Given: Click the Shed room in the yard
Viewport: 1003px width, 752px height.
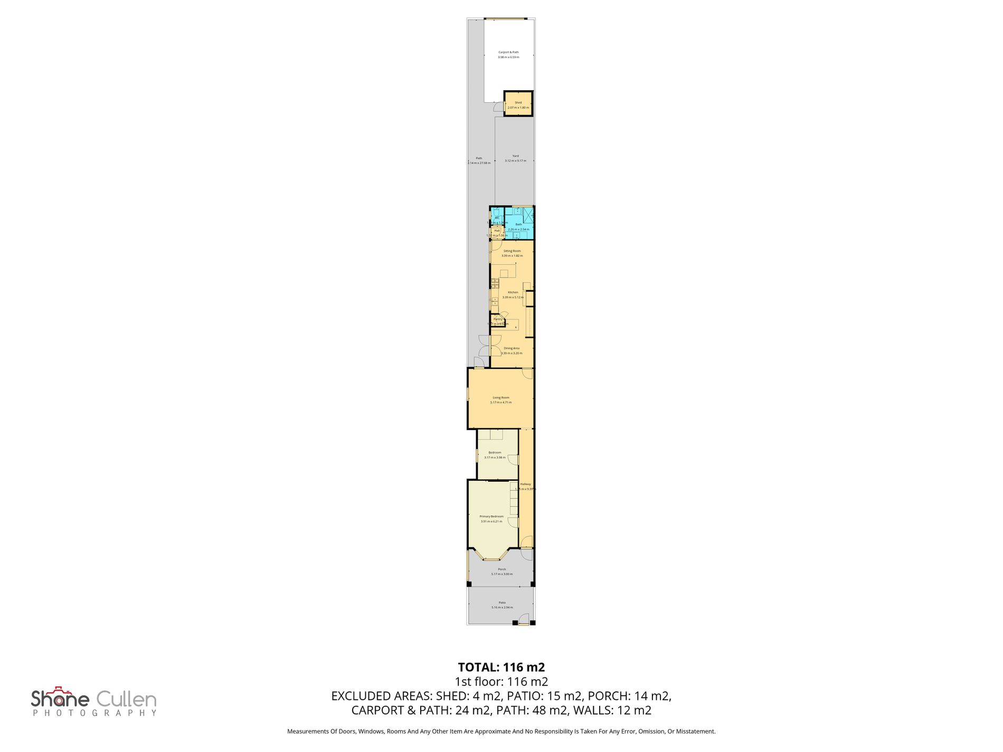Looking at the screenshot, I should pos(518,104).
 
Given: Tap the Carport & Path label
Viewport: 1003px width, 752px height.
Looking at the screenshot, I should pos(508,52).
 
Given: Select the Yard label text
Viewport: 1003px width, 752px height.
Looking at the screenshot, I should pos(515,156).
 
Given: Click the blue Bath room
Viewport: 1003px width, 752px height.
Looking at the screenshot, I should pos(518,224).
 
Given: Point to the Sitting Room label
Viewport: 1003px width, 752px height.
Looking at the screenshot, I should pos(512,251).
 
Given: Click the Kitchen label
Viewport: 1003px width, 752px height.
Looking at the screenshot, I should pos(513,292).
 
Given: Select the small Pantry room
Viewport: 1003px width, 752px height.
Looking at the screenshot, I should pos(497,320).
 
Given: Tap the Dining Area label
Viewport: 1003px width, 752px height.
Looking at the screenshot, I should pos(512,348).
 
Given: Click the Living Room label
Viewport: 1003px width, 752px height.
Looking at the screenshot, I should pos(500,398).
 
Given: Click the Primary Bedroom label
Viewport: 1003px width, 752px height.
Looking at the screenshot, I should pos(491,517).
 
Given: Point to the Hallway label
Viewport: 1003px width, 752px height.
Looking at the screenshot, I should pos(525,484).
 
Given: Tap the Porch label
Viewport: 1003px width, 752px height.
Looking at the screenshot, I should pos(502,569).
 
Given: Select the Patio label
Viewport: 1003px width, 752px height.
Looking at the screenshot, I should pos(502,603).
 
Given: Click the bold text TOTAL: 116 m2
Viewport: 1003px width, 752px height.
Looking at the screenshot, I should pos(501,667).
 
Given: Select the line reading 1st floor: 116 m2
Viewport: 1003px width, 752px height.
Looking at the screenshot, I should pos(501,681).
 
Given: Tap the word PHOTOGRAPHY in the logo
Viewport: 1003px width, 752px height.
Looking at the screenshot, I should pos(94,713).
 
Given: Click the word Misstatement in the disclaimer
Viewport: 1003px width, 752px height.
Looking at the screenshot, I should pos(696,731).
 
